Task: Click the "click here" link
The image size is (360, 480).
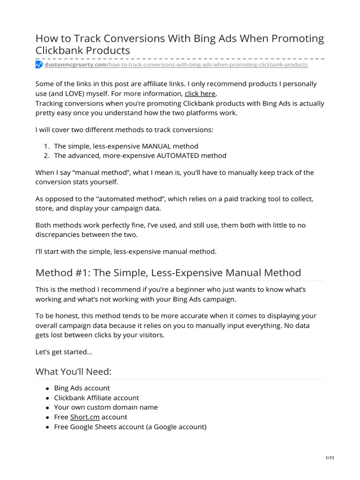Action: [200, 93]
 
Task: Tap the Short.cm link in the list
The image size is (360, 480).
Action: [84, 417]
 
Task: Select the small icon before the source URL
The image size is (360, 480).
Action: [39, 65]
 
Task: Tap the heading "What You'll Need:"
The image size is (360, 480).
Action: [74, 371]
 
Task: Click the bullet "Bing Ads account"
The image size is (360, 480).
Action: [82, 388]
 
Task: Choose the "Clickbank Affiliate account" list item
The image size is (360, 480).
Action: [97, 397]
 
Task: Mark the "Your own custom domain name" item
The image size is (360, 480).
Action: [106, 407]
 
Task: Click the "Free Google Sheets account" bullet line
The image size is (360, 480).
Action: [130, 427]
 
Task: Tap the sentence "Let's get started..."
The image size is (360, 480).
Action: [64, 352]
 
